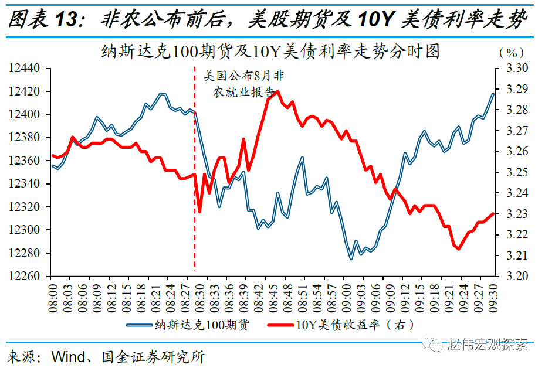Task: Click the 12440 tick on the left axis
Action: (x=25, y=69)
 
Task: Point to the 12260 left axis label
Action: (x=25, y=276)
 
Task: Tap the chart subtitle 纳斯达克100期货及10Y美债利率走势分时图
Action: (x=270, y=52)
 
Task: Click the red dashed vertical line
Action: (x=195, y=176)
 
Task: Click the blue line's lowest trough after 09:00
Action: (x=351, y=259)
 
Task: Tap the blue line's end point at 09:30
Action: (x=493, y=94)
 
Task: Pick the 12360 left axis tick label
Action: (x=25, y=161)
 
